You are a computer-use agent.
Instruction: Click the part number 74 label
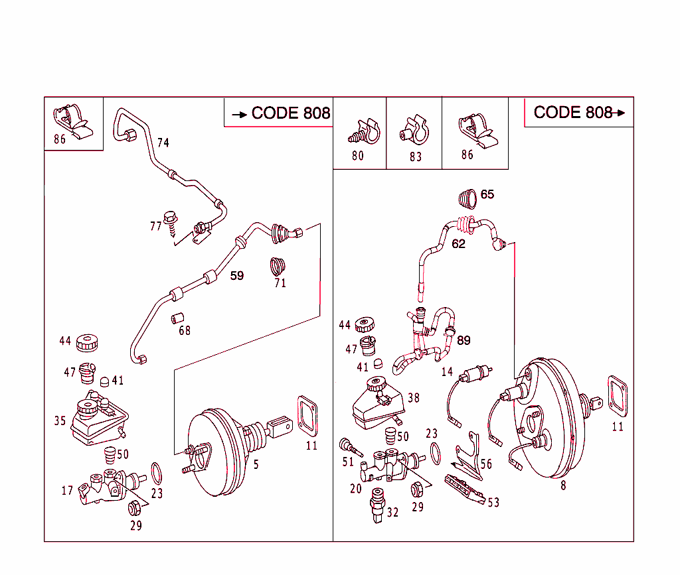tap(163, 143)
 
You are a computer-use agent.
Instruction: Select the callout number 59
tap(237, 275)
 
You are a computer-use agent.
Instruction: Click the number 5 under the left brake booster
tap(256, 465)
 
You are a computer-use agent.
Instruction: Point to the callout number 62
tap(458, 244)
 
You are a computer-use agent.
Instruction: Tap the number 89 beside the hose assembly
tap(464, 340)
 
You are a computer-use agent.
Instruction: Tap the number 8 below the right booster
tap(563, 485)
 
